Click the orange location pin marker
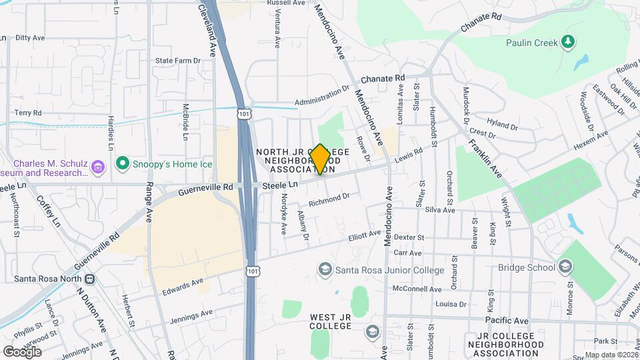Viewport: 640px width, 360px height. point(320,159)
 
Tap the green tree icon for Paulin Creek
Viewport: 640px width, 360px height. point(567,43)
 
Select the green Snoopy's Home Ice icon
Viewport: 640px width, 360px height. point(121,163)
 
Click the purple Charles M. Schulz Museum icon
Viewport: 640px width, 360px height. point(98,166)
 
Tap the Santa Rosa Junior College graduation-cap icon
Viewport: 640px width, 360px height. point(325,270)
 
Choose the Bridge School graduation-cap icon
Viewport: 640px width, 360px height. point(565,267)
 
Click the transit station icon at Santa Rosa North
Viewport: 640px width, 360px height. point(89,279)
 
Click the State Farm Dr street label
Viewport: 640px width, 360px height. point(177,60)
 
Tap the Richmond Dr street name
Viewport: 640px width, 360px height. point(329,198)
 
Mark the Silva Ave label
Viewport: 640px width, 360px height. point(439,210)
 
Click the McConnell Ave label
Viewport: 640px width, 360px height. point(417,289)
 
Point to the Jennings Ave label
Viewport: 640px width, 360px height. point(191,314)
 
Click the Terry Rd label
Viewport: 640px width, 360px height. point(28,113)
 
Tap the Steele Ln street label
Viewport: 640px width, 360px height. point(279,185)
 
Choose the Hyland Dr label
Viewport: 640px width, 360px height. point(502,123)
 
